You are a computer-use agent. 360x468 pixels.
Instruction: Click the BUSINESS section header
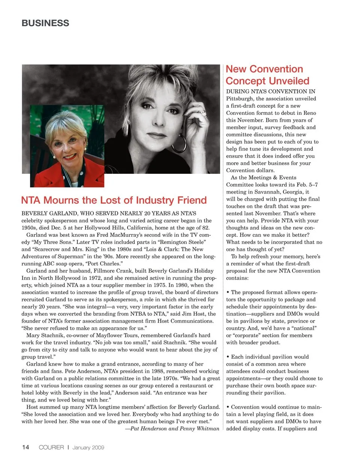(x=45, y=23)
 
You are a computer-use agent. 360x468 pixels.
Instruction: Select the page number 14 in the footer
(x=25, y=447)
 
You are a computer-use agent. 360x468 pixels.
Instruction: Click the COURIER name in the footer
(x=51, y=447)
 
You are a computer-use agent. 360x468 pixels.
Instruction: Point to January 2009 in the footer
(x=88, y=447)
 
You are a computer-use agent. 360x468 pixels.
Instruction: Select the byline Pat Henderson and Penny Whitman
(x=174, y=429)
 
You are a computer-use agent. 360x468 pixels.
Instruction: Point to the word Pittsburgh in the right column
(x=240, y=99)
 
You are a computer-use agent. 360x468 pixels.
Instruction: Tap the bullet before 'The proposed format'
(x=228, y=292)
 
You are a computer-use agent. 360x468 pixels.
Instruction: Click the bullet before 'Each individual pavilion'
(x=228, y=357)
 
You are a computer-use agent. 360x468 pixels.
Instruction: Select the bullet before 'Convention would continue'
(x=228, y=407)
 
